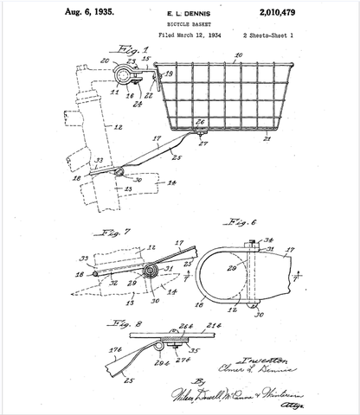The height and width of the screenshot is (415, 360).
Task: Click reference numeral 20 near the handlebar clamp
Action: pyautogui.click(x=105, y=61)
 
